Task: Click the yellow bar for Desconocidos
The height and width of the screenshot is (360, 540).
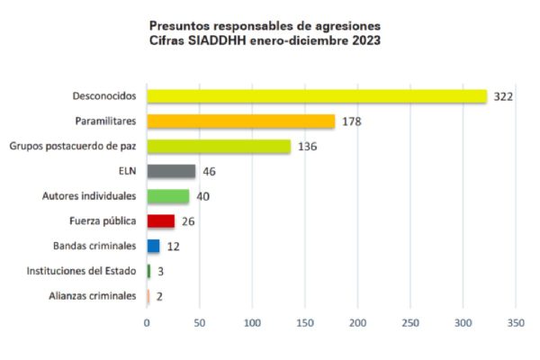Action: coord(317,96)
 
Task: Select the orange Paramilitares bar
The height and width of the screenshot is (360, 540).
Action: coord(241,121)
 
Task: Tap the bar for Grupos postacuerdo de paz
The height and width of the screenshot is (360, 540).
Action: coord(219,146)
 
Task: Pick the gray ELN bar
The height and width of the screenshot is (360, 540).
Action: coord(171,171)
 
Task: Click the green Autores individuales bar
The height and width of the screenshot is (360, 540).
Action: coord(168,196)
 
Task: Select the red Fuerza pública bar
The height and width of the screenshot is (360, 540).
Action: coord(161,220)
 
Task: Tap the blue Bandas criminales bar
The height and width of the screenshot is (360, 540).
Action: coord(153,246)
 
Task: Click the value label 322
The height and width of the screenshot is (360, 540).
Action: coord(503,96)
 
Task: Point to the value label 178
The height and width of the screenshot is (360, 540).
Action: coord(351,121)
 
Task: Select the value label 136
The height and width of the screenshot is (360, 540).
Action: coord(307,146)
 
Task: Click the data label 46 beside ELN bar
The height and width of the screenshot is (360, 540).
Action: coord(210,171)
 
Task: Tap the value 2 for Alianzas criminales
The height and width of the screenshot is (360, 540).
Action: coord(158,295)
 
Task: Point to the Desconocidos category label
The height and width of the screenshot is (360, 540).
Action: coord(104,96)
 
